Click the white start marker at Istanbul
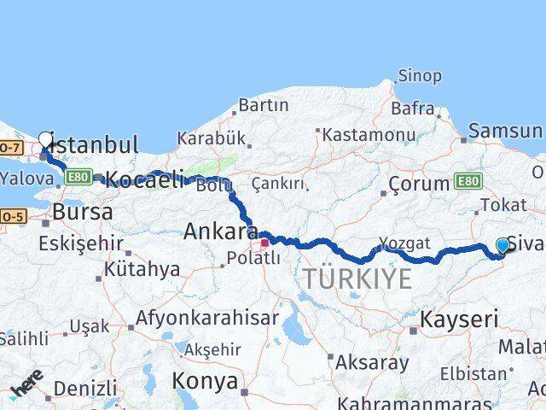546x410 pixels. point(45,139)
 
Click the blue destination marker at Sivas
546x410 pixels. point(502,246)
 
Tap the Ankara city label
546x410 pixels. point(221,231)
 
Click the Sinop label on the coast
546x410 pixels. point(420,76)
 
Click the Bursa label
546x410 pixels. point(83,212)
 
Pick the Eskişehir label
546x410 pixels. point(81,244)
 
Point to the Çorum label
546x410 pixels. point(418,184)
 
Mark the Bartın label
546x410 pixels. point(264,105)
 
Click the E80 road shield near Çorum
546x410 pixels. point(468,181)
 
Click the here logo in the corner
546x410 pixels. point(26,384)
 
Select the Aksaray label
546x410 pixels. point(371,362)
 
